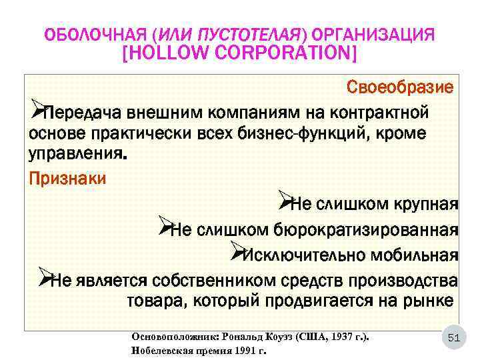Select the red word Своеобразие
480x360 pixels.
click(400, 87)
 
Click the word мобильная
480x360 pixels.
click(413, 255)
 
